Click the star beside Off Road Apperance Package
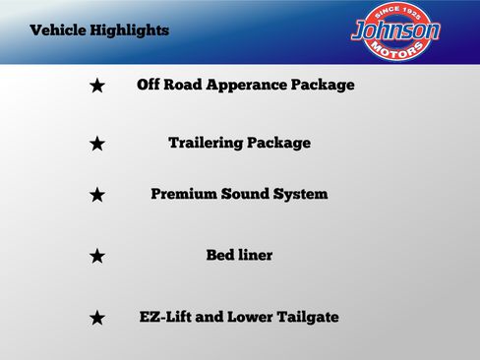pos(97,86)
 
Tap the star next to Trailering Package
pos(97,144)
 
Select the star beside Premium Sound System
pos(97,195)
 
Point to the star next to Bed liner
pos(97,256)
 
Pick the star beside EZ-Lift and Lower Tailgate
pos(97,318)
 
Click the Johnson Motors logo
pos(396,30)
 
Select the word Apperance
pos(234,85)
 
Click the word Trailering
pos(206,143)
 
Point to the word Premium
pos(184,194)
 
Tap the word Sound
pos(245,194)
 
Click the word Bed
pos(219,255)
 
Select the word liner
pos(254,255)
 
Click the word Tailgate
pos(306,317)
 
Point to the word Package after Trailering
pos(278,143)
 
